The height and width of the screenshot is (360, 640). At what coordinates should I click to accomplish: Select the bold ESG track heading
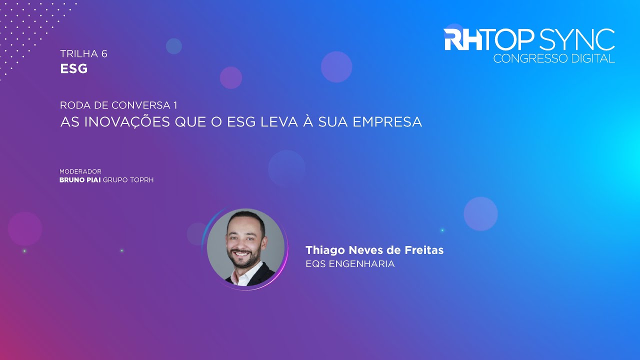pos(74,69)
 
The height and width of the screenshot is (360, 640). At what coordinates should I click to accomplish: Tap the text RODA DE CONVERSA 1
pos(118,105)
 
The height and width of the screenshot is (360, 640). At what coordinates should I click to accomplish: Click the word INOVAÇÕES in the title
pos(125,122)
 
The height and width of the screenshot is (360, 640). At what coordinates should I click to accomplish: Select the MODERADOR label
pos(80,171)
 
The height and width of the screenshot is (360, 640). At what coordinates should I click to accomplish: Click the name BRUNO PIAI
pos(80,180)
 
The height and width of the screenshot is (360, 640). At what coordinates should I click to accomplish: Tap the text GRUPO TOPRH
pos(128,180)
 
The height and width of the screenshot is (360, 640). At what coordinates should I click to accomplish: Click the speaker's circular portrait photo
pos(245,247)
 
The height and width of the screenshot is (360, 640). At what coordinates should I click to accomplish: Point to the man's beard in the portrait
pos(244,259)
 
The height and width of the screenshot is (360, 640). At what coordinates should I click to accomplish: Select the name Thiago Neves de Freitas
pos(374,250)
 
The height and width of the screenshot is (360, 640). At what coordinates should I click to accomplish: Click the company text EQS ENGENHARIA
pos(350,264)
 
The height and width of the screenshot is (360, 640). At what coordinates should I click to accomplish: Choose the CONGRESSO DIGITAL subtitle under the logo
pos(554,59)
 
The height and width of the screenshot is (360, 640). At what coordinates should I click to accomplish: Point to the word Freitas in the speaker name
pos(426,250)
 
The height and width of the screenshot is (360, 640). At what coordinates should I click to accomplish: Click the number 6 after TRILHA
pos(104,54)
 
